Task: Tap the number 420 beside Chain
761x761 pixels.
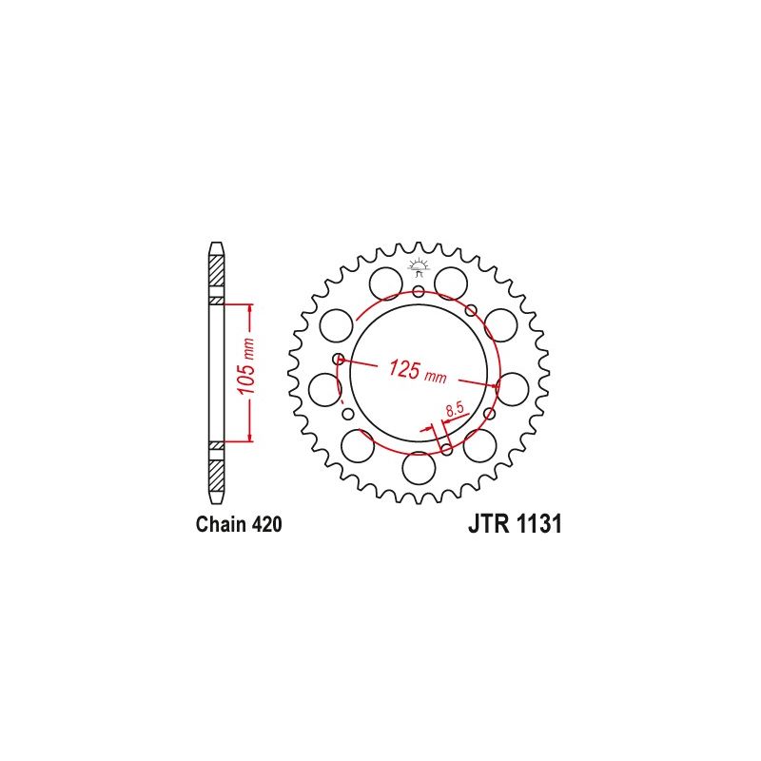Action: (267, 525)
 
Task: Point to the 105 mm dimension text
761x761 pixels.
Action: (246, 366)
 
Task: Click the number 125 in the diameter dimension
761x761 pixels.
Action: (403, 369)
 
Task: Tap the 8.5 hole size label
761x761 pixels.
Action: (455, 410)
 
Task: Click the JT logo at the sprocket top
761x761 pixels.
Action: (418, 268)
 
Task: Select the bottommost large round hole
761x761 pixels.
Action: (419, 468)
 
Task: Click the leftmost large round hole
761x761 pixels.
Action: (324, 390)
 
